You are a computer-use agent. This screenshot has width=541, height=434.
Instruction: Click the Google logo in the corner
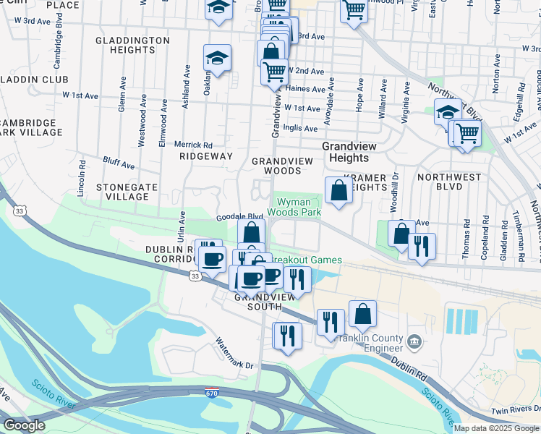(24, 425)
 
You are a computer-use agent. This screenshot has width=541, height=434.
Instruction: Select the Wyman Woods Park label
(294, 208)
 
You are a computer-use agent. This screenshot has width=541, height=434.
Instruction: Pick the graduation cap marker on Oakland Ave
(217, 59)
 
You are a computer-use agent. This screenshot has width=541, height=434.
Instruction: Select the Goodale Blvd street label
(239, 216)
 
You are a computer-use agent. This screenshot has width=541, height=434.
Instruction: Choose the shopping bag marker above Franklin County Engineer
(362, 315)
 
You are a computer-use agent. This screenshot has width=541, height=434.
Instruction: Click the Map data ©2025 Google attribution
(496, 427)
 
